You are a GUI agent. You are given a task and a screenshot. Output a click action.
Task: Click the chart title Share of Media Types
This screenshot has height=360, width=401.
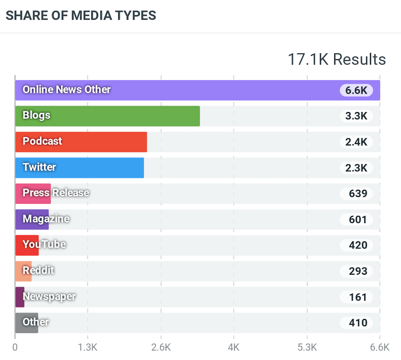coord(80,15)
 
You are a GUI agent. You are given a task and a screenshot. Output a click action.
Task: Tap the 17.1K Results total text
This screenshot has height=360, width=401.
coord(336,60)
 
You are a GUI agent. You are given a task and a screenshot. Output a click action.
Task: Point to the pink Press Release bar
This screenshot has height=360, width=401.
coord(33,194)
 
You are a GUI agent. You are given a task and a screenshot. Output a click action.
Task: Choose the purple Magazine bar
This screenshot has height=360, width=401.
coord(32,219)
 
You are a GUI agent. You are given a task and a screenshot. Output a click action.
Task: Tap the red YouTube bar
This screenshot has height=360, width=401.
coord(27,245)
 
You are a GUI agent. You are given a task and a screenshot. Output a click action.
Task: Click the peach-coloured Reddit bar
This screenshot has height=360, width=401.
coord(23,271)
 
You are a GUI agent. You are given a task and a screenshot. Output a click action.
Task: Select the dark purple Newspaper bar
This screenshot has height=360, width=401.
coord(20,297)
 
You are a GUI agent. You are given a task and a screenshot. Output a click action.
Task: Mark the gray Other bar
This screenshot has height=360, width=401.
coord(26,323)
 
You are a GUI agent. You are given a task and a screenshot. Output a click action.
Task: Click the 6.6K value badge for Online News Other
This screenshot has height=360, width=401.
coord(356,90)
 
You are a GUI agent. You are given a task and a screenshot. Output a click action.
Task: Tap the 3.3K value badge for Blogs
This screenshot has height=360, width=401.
coord(356,116)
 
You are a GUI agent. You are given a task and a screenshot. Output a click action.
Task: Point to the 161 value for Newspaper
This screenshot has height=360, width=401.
coord(358,297)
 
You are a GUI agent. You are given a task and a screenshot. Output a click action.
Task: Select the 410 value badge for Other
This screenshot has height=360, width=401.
coord(358,323)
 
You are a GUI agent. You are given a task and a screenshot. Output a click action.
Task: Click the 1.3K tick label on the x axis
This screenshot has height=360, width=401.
coord(88,347)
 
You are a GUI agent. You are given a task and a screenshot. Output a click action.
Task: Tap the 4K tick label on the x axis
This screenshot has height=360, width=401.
coord(234,347)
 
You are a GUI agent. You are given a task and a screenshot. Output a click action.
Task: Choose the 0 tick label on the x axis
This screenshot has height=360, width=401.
coord(15,347)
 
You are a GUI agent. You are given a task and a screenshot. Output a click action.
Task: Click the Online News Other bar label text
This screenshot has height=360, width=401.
coord(67,90)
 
